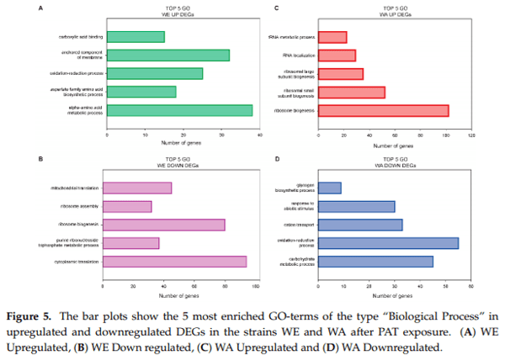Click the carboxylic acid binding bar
point(135,36)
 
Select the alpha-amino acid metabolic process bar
point(179,110)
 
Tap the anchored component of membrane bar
point(167,55)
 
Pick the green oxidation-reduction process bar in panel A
point(154,73)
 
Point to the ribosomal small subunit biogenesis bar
point(352,92)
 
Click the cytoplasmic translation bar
point(175,262)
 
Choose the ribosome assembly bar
point(127,206)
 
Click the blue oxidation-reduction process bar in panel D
point(389,243)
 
